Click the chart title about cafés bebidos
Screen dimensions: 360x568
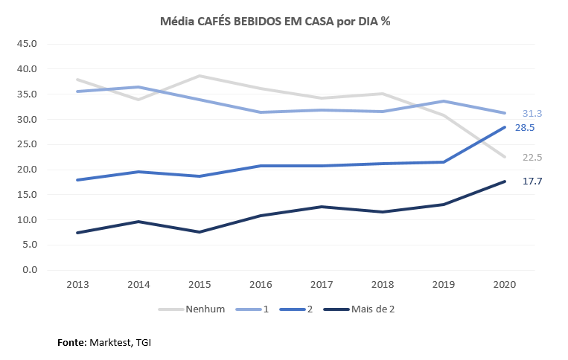coord(275,22)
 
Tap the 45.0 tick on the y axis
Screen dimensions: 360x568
coord(28,43)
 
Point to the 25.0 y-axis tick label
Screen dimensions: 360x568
coord(28,144)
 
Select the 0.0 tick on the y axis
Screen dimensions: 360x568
coord(30,270)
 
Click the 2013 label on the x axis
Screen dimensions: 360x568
coord(77,286)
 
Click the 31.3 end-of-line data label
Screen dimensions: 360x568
coord(532,114)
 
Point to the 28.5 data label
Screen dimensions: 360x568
coord(526,128)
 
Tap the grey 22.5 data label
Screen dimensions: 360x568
coord(532,157)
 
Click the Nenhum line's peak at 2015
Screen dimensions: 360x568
coord(200,76)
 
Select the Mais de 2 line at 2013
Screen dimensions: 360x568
coord(77,233)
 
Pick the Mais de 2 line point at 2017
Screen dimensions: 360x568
coord(321,207)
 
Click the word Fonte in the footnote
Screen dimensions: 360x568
coord(71,343)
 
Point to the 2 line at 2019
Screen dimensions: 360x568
coord(443,162)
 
